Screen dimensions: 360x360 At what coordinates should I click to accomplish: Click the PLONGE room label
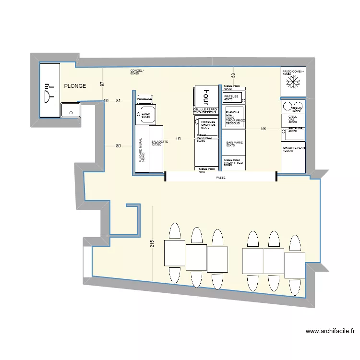coord(75,86)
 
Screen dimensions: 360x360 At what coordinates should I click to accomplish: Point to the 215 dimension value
coord(152,243)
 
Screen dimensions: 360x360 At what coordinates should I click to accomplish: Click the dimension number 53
coord(233,75)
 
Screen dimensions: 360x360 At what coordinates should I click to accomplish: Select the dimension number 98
coord(263,128)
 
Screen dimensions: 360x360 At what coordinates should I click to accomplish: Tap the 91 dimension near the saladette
coord(179,139)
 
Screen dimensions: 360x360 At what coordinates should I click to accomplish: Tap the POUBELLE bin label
coord(144,99)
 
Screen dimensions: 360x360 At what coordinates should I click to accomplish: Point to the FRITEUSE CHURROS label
coord(208,124)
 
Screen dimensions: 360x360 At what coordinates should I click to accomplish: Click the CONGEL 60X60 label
coord(137,72)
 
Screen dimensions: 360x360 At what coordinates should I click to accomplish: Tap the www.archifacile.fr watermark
coord(329,331)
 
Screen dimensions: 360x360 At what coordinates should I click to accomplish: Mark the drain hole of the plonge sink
coord(71,113)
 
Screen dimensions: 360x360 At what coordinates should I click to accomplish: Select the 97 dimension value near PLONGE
coord(102,84)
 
